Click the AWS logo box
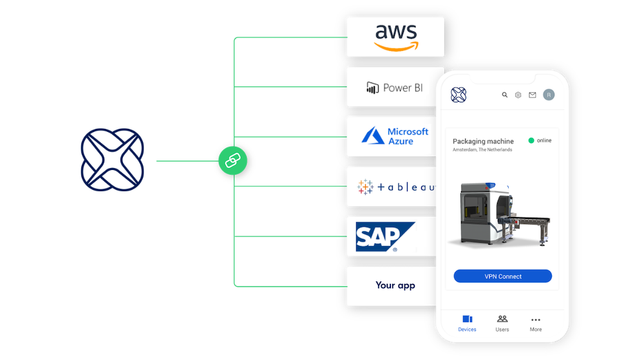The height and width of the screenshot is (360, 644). tap(395, 37)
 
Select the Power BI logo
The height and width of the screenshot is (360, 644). tap(394, 88)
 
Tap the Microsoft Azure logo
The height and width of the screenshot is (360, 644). tap(395, 136)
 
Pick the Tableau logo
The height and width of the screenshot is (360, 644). tap(395, 187)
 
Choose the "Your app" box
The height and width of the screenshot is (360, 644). tap(395, 285)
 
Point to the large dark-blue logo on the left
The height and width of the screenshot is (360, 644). tap(113, 160)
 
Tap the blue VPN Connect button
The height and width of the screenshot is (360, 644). tap(502, 276)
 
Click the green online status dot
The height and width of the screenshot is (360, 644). tap(531, 140)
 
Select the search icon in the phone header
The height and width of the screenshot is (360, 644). tap(505, 95)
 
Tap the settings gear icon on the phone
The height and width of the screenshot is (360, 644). tap(518, 95)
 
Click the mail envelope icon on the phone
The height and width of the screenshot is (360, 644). tap(533, 95)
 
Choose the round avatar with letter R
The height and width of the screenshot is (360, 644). tap(548, 95)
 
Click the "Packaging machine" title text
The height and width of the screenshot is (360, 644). tap(483, 141)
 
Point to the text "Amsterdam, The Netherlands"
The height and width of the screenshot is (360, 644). tap(482, 150)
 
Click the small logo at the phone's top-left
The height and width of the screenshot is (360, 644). tap(459, 95)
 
